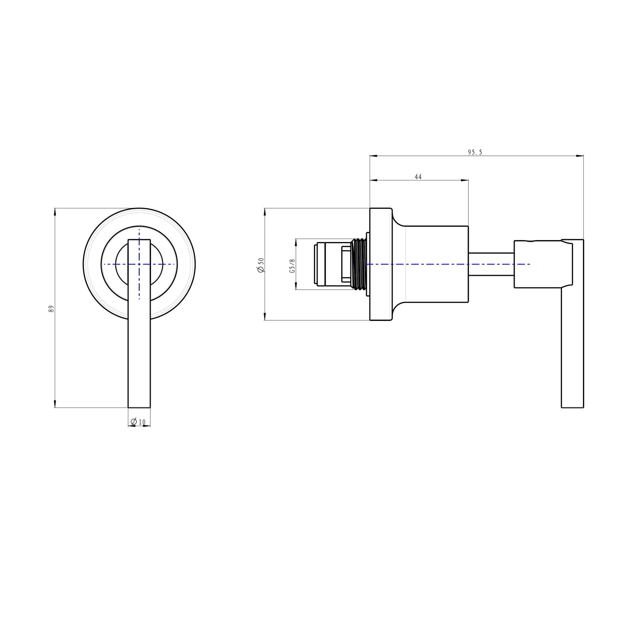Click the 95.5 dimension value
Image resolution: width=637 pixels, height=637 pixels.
coord(475,152)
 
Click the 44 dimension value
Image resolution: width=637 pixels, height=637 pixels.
coord(418,177)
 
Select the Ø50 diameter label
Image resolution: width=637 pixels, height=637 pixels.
coord(261,265)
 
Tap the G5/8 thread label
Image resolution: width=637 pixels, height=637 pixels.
coord(292,266)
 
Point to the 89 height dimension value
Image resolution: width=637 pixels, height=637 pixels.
coord(51,309)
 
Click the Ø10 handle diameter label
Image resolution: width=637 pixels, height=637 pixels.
coord(138,422)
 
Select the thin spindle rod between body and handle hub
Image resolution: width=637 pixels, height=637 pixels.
coord(491,264)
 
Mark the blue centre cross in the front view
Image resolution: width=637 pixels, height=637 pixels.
coord(139,264)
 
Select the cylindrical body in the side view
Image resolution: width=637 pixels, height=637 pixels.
coord(435,264)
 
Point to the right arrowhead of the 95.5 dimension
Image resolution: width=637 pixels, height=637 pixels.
coord(580,156)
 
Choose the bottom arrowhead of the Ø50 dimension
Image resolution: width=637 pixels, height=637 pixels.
coord(264,317)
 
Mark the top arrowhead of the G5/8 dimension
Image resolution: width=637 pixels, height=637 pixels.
coord(296,242)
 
